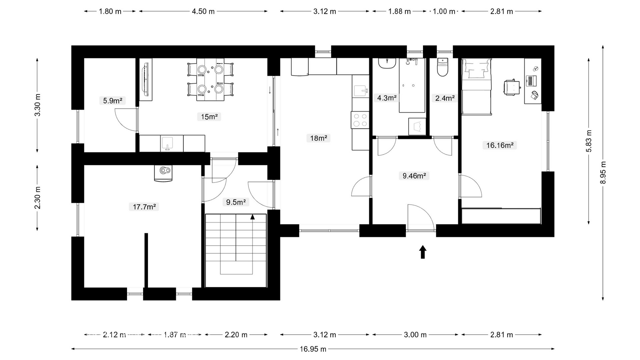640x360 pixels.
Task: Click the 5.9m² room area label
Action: click(x=112, y=101)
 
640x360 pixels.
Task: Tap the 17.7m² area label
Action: click(x=144, y=207)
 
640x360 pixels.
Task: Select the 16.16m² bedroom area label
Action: click(x=499, y=145)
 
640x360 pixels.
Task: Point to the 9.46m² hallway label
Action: click(x=414, y=176)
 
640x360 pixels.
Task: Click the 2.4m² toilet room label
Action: click(x=445, y=98)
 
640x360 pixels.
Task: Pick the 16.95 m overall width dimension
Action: click(x=313, y=349)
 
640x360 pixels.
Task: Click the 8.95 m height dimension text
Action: click(x=603, y=172)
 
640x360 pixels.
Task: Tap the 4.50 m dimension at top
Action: click(x=203, y=11)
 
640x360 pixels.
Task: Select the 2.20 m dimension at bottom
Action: click(x=236, y=335)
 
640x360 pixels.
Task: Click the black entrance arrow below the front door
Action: click(x=423, y=252)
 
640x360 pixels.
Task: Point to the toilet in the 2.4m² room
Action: click(x=443, y=68)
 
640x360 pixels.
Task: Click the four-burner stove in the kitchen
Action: click(x=360, y=120)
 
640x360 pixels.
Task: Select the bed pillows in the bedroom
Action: click(x=476, y=69)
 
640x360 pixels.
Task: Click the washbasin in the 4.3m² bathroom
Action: click(x=387, y=63)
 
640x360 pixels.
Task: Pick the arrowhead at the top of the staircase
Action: click(x=252, y=217)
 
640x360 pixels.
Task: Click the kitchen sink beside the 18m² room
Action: click(x=361, y=91)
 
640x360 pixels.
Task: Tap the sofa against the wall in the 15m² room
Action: click(x=146, y=80)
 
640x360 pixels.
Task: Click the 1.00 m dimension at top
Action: click(x=444, y=11)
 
